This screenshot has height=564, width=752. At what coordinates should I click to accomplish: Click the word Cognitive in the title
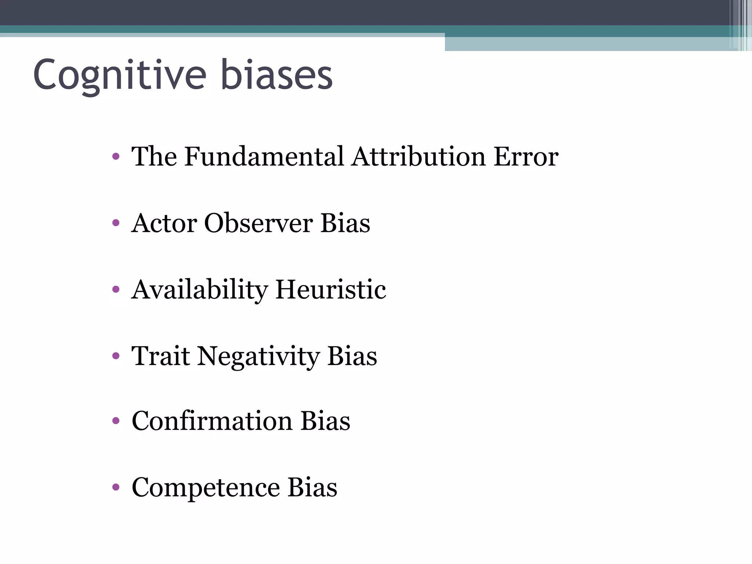point(120,75)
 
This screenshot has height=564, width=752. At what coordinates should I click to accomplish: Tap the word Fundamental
point(264,157)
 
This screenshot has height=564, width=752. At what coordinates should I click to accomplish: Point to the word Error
point(525,157)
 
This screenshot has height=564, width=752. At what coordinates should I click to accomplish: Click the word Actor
point(164,223)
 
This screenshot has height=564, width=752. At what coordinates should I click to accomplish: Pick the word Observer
point(258,223)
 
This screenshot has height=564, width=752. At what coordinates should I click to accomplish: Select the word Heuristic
point(330,289)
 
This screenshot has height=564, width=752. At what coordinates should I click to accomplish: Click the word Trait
point(161,356)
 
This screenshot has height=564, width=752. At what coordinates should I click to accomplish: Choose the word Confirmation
point(212,421)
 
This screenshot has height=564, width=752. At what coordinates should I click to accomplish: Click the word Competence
point(206,488)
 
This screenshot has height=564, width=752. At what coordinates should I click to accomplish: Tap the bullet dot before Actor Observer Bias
point(116,223)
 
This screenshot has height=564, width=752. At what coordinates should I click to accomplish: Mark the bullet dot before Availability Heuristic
point(116,290)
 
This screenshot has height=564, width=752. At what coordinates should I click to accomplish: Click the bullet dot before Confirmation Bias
point(116,421)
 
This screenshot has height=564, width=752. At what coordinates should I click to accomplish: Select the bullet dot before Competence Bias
point(116,487)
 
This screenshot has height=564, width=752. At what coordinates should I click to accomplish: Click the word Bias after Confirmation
point(325,421)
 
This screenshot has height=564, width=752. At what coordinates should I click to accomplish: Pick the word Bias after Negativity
point(352,356)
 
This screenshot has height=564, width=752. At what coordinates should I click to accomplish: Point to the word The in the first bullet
point(154,157)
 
